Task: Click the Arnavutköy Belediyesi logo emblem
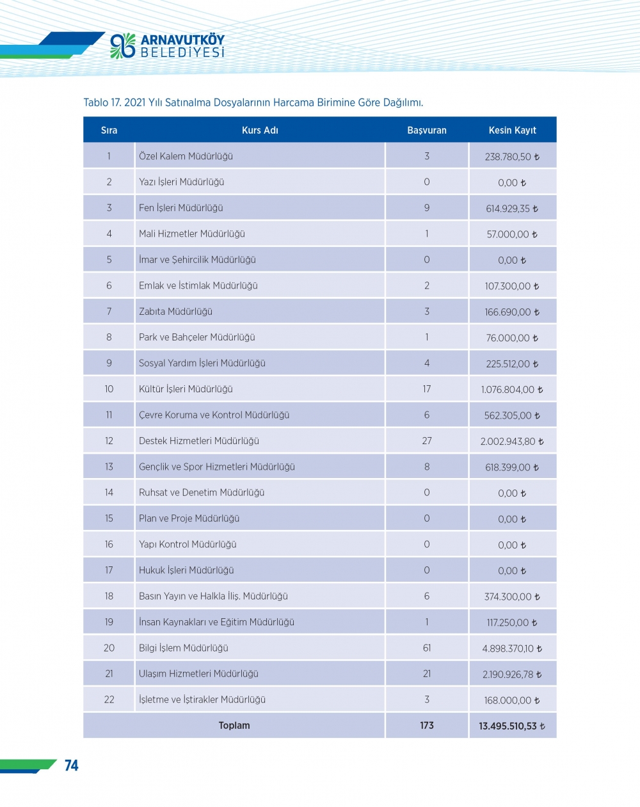pos(122,46)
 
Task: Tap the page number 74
pos(71,765)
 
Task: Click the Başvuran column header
pos(427,131)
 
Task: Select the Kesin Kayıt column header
pos(512,131)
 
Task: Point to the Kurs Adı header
pos(260,131)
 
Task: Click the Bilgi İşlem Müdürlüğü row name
pos(184,648)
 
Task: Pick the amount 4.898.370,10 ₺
pos(512,649)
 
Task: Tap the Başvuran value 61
pos(427,648)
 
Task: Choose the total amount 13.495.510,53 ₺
pos(512,726)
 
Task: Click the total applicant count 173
pos(427,726)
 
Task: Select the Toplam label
pos(234,726)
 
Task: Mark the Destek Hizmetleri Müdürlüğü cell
pos(199,441)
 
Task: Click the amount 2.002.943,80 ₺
pos(512,442)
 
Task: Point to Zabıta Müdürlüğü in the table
pos(175,312)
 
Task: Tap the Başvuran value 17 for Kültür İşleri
pos(427,389)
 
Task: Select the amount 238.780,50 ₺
pos(512,157)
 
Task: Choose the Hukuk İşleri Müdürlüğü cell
pos(186,570)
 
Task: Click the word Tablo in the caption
pos(95,102)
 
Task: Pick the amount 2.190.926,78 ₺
pos(512,675)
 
